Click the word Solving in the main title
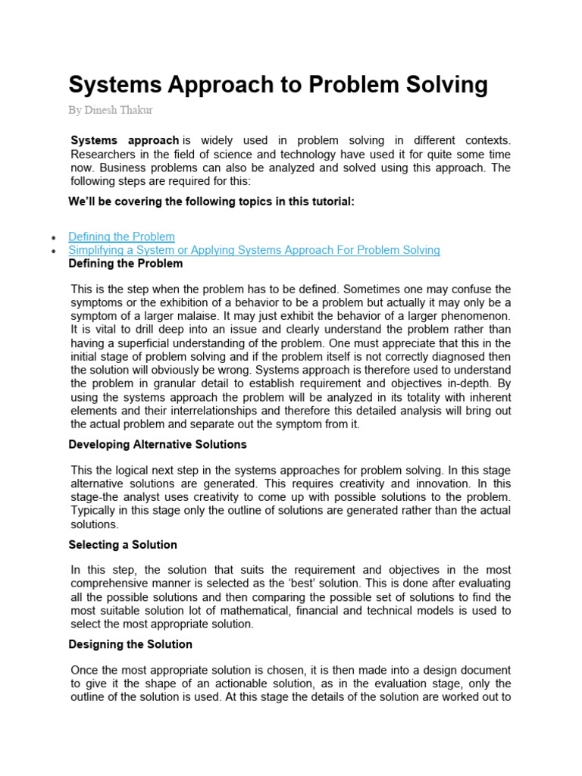(x=443, y=85)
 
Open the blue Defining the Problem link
(x=121, y=236)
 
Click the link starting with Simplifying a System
(x=254, y=250)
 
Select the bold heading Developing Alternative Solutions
(x=158, y=444)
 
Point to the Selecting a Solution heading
(x=123, y=544)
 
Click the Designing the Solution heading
(x=130, y=644)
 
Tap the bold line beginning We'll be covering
(x=211, y=201)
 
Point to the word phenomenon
(x=476, y=315)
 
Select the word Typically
(x=94, y=511)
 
